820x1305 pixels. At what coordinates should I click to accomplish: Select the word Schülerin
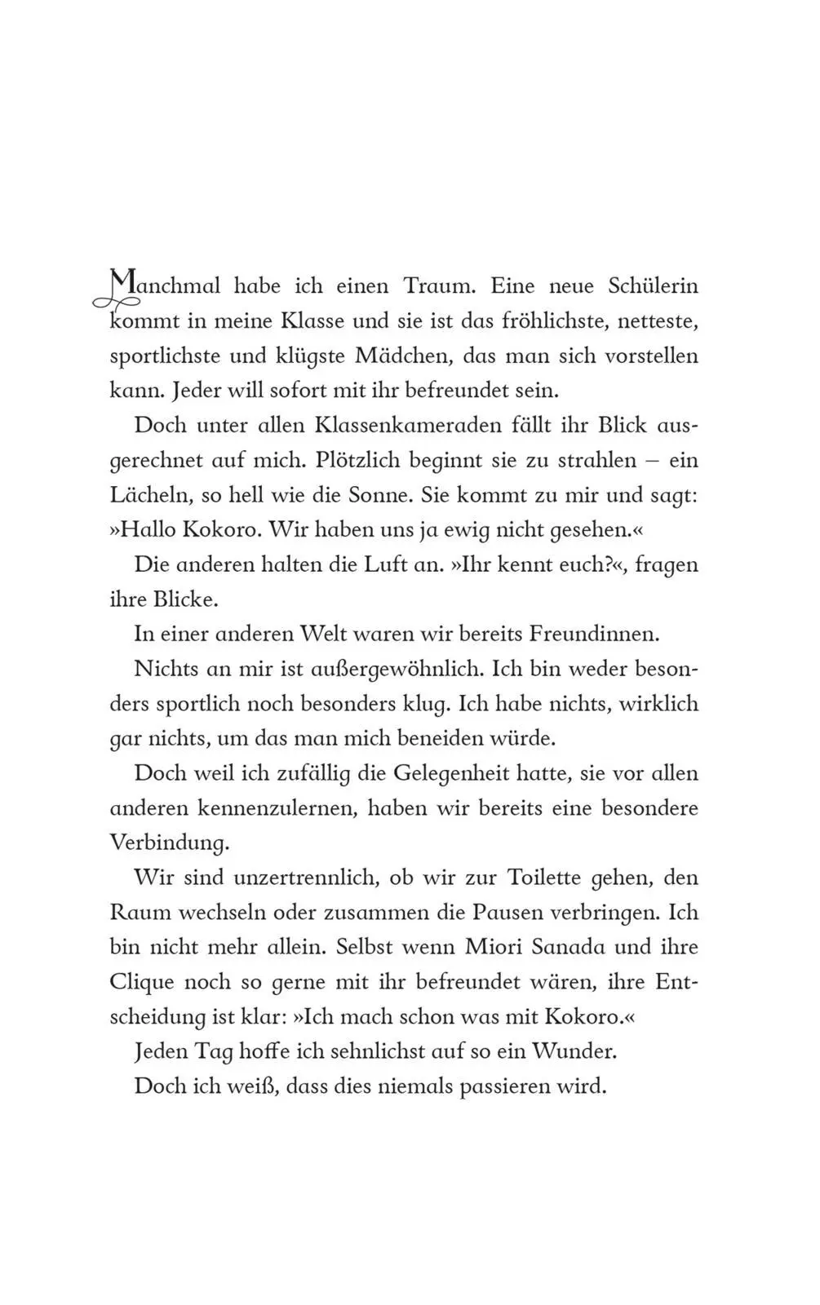(x=653, y=286)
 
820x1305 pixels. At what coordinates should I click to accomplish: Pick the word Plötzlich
(x=353, y=460)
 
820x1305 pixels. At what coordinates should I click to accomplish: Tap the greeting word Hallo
(x=148, y=530)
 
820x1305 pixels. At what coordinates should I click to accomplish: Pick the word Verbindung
(x=169, y=843)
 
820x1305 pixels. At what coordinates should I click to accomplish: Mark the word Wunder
(x=574, y=1051)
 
